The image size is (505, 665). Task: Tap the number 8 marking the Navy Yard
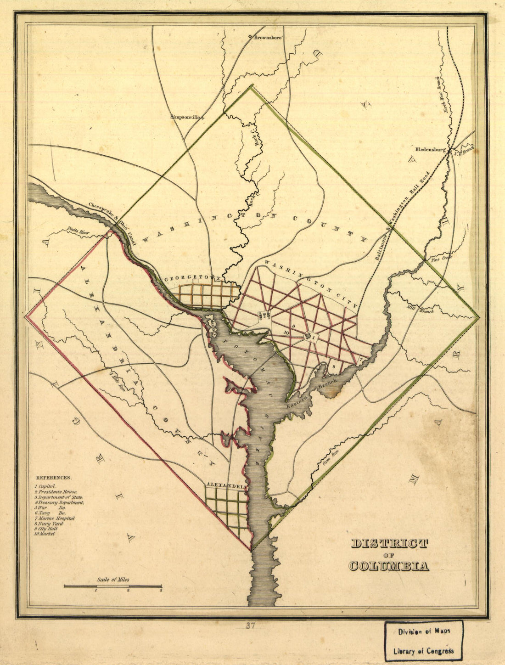334,366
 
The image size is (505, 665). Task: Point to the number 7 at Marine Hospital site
361,359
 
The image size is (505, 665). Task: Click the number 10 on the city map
286,332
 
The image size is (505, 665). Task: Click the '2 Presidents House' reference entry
56,491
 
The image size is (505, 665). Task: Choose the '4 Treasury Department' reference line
59,502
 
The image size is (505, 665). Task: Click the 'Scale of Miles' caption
113,580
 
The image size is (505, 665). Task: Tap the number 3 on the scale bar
161,592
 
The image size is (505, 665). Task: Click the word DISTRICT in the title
389,544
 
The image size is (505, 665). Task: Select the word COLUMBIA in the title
389,566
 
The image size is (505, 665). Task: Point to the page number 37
250,626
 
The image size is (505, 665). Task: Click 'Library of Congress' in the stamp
423,651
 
